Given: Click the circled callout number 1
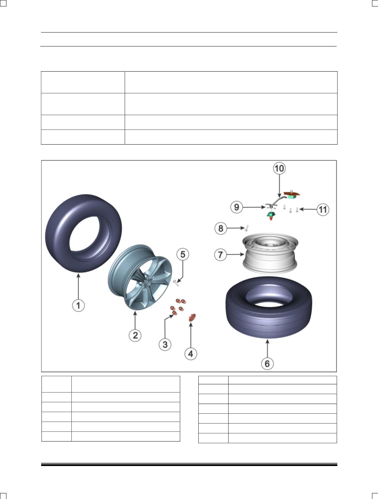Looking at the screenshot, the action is click(x=78, y=305).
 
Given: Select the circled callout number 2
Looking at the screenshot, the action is click(x=135, y=335).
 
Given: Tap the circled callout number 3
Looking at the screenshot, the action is click(x=165, y=344).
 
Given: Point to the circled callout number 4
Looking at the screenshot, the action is click(x=191, y=354).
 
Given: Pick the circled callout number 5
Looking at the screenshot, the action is click(x=183, y=254).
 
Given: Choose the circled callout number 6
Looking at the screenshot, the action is click(x=267, y=364).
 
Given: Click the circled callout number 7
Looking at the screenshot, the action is click(x=220, y=255).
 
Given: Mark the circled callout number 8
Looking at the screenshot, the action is click(x=221, y=228).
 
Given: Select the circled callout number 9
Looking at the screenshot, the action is click(x=237, y=207).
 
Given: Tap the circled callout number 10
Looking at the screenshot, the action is click(x=280, y=168).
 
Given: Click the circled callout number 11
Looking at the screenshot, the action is click(x=323, y=209).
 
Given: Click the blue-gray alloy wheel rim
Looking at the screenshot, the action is click(x=140, y=277).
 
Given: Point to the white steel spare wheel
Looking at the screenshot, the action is click(x=270, y=253).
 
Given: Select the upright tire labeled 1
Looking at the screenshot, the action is click(x=84, y=233).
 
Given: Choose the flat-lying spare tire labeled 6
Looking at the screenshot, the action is click(x=269, y=307).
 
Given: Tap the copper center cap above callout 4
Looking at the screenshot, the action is click(x=192, y=317).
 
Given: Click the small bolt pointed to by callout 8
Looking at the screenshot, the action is click(x=247, y=228).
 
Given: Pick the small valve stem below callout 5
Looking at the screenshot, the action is click(x=176, y=283).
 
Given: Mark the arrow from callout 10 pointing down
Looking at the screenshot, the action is click(x=280, y=186).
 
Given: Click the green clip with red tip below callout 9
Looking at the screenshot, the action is click(x=271, y=216).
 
